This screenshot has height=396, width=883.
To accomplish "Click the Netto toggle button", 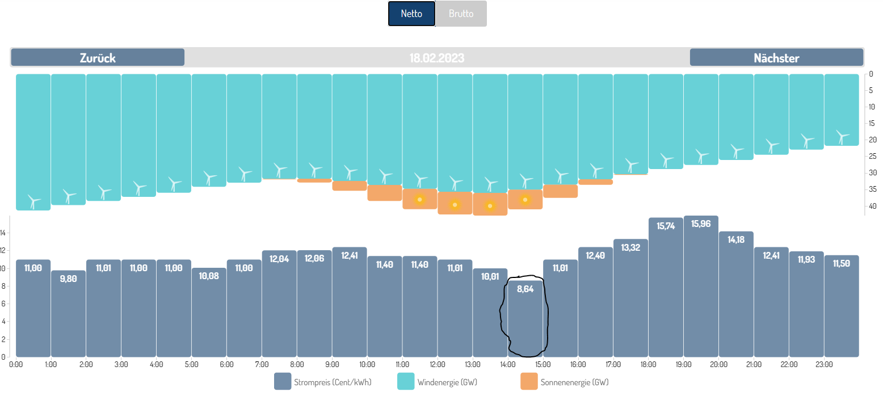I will tap(411, 14).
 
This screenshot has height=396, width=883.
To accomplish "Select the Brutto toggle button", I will tap(461, 14).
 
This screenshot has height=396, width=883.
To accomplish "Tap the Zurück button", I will tap(98, 57).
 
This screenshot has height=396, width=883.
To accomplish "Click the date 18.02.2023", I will tap(437, 58).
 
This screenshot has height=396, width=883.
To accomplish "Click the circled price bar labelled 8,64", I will tap(525, 318).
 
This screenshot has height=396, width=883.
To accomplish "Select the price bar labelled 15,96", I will tap(701, 287).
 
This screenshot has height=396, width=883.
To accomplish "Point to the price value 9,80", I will tap(69, 279).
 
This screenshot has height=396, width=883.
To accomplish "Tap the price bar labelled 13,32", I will tap(630, 298).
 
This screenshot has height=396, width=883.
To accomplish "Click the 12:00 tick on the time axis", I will tap(438, 364).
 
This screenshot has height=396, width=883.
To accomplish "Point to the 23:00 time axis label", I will tap(824, 364).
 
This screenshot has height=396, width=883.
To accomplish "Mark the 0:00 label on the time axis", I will tap(16, 364).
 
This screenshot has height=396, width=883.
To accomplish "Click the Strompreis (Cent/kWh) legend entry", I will tap(323, 382).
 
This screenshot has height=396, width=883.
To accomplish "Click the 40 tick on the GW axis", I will tap(872, 205).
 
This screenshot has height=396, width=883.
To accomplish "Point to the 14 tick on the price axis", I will tap(3, 233).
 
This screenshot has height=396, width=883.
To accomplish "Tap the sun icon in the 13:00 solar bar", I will tap(490, 206).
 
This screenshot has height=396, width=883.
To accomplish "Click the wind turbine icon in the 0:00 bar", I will tap(34, 201).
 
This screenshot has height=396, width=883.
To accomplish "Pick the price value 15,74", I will tap(666, 225).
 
